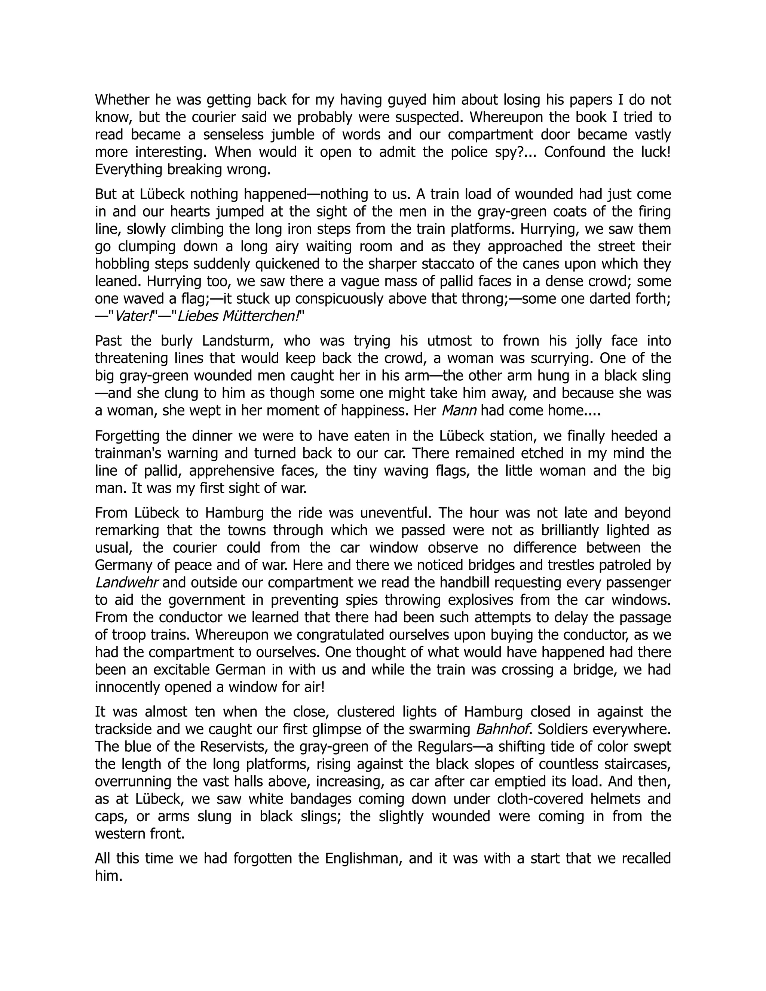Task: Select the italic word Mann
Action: click(459, 411)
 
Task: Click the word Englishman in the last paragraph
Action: click(364, 859)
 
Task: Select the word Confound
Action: click(574, 152)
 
